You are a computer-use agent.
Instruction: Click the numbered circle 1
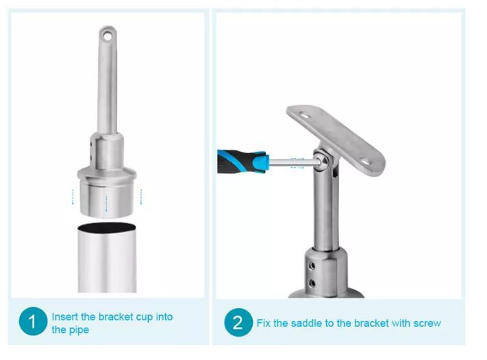pos(33,321)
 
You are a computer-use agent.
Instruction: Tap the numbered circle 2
pos(238,322)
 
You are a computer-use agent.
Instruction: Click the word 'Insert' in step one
pos(64,317)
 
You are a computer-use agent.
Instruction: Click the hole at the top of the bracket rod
pos(108,36)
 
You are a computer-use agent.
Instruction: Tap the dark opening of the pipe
pos(107,227)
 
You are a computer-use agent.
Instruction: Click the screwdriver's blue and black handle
pos(241,162)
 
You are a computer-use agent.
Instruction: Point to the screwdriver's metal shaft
pos(293,162)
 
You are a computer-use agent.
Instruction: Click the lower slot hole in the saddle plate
pos(366,162)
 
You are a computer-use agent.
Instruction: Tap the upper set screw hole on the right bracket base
pos(312,266)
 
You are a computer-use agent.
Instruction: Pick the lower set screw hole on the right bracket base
pos(312,283)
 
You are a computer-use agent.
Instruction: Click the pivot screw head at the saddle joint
pos(323,161)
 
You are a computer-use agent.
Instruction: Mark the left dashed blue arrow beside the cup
pos(73,196)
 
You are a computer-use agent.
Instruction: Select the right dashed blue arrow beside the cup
pos(141,196)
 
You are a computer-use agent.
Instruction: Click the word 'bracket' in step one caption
pos(116,317)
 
